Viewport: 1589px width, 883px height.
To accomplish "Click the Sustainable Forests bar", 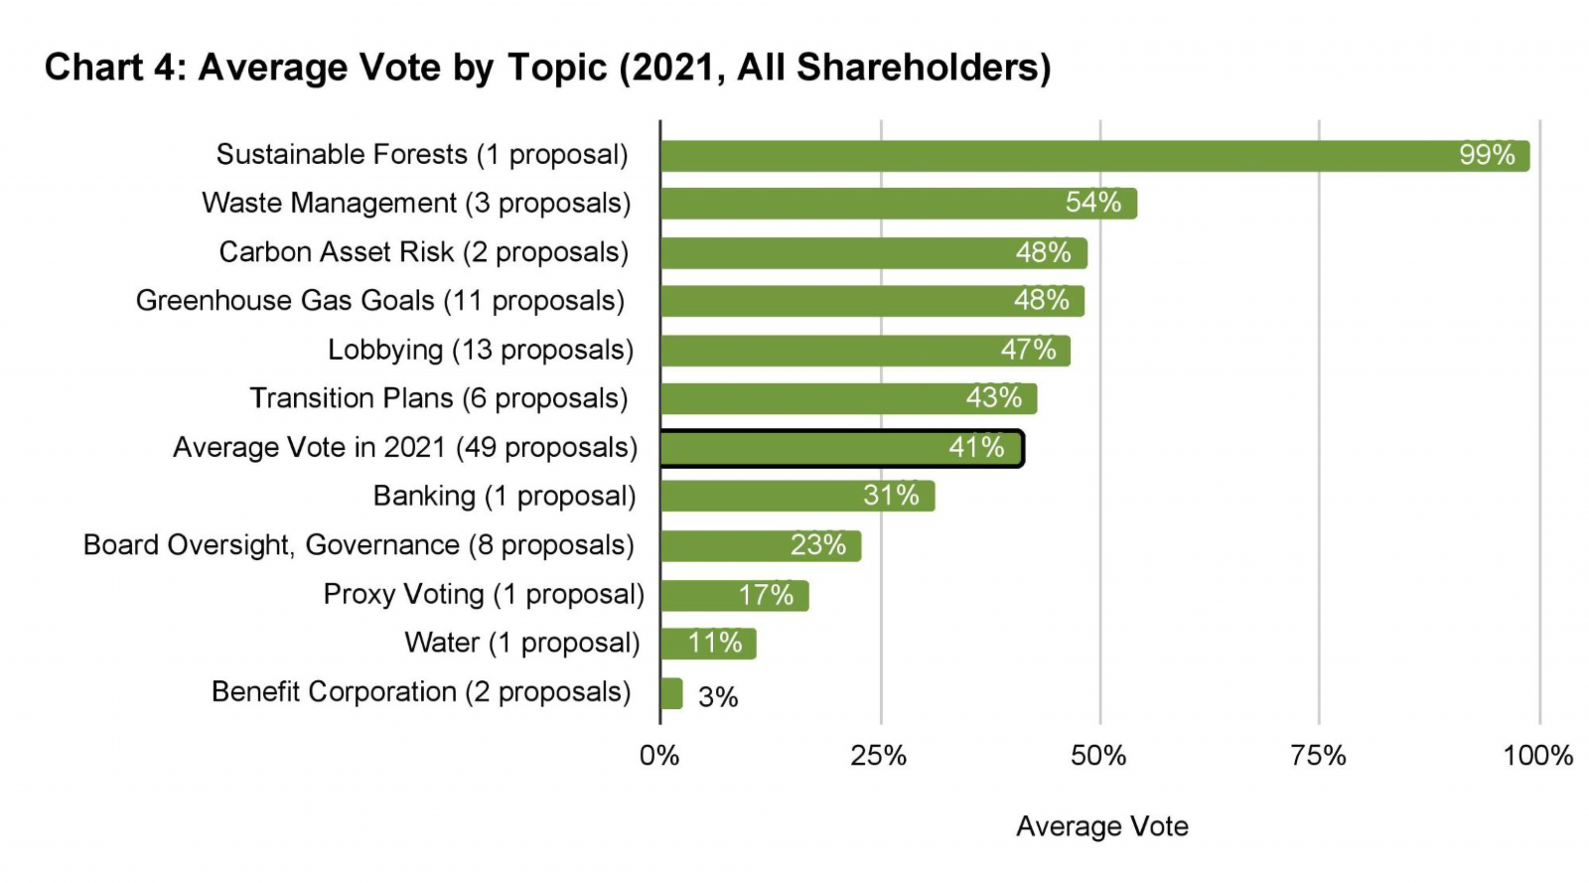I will tap(1092, 156).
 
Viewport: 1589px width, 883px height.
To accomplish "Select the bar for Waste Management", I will tap(898, 204).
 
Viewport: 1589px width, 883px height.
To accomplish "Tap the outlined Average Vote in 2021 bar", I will tap(840, 449).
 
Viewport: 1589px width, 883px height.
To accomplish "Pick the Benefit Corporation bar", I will tap(671, 693).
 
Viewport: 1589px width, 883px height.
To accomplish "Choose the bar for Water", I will tap(708, 644).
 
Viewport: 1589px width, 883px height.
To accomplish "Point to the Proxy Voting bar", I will tap(734, 596).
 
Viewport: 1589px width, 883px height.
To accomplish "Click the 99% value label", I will tap(1486, 155).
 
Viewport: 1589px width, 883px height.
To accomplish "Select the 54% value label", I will tap(1092, 203).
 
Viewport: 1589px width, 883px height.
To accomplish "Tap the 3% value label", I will tap(717, 697).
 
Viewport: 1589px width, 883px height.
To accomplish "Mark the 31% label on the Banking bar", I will tap(890, 496).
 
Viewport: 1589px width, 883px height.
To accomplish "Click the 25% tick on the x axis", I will tap(879, 756).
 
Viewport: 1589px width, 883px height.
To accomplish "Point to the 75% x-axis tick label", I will tap(1318, 756).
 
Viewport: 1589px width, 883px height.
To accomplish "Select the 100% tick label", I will tap(1537, 756).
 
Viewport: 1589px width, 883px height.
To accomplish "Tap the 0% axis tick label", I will tap(659, 756).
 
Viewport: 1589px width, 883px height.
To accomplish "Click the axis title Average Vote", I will tap(1101, 826).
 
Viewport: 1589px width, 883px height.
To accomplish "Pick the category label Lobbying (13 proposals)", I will tap(481, 350).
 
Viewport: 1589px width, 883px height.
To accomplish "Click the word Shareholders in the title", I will tap(923, 68).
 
